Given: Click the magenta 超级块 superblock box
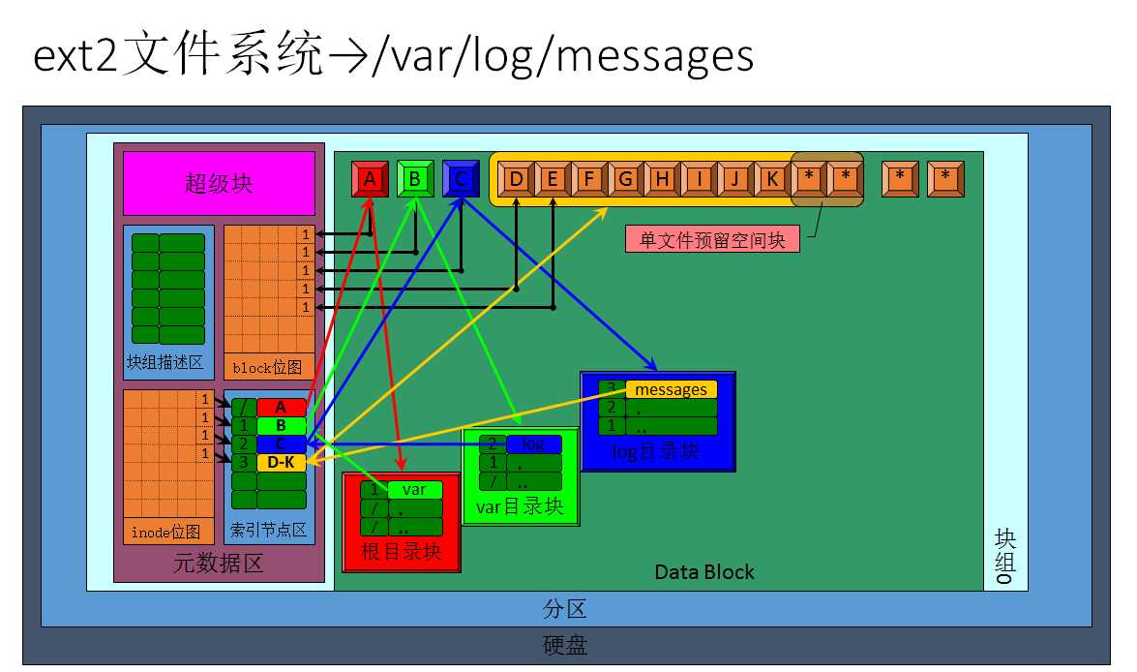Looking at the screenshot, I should [219, 183].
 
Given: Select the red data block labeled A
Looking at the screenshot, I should [369, 178].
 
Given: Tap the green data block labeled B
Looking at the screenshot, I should [414, 178].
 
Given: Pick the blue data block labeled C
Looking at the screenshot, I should [461, 178].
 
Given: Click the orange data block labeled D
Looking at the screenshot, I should [517, 178].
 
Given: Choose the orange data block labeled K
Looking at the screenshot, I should [771, 178].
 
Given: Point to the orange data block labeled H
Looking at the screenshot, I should [662, 178].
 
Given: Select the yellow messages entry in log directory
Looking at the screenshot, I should [672, 389].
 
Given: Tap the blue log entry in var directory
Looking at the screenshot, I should [533, 444].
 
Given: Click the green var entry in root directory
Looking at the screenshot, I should [414, 490].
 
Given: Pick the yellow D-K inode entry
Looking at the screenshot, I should [281, 463].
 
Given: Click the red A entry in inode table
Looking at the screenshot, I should [281, 408].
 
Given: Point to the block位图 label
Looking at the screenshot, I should [267, 368].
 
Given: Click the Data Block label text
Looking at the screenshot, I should [703, 571].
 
